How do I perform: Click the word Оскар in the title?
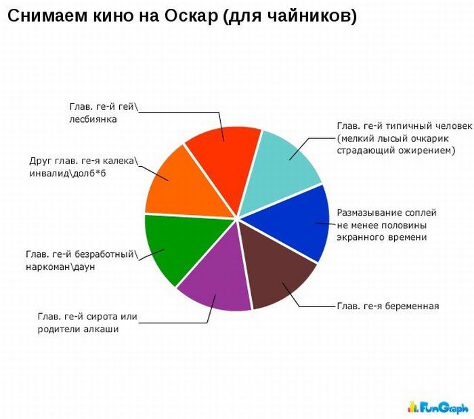pos(191,16)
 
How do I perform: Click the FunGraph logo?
pos(438,407)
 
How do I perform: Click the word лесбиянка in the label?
pos(93,119)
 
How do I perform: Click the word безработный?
pos(104,255)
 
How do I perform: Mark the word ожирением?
pos(423,151)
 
